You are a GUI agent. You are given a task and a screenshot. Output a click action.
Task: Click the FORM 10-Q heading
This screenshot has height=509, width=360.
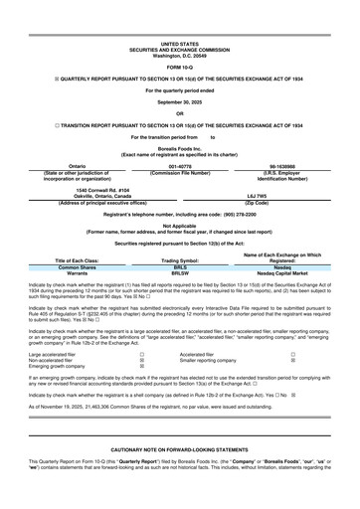point(179,67)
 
